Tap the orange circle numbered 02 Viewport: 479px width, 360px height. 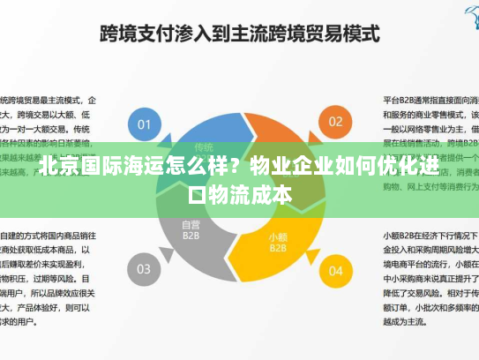tap(335, 122)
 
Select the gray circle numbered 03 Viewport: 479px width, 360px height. tap(144, 267)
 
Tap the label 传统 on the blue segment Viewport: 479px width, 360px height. tap(204, 147)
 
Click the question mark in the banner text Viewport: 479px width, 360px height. tap(233, 165)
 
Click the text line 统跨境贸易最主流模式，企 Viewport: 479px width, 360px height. tap(49, 100)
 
